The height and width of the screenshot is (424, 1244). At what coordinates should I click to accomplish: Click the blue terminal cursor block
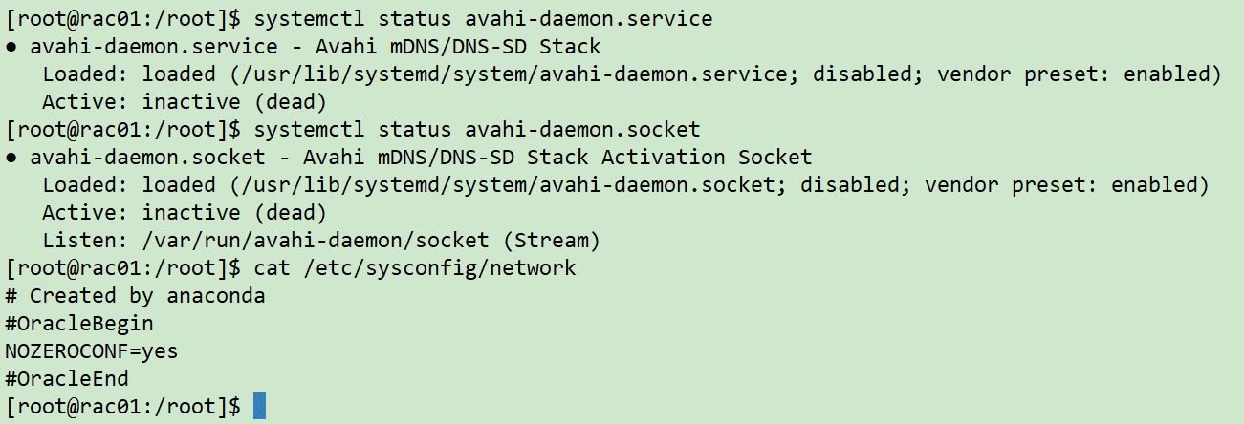click(x=259, y=406)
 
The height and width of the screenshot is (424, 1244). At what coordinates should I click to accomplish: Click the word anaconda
click(x=216, y=296)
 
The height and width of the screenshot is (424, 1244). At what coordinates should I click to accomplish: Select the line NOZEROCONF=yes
click(x=92, y=351)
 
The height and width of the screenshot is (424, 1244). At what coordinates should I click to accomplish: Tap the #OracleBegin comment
click(x=78, y=324)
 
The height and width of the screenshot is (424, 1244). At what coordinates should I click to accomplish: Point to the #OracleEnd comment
click(x=67, y=379)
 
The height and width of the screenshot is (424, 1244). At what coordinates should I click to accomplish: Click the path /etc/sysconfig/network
click(x=440, y=268)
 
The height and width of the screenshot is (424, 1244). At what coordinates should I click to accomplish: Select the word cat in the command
click(x=273, y=268)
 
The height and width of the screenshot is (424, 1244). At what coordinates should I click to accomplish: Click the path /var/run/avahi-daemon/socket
click(x=316, y=241)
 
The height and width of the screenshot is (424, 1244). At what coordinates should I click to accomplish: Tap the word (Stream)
click(x=552, y=241)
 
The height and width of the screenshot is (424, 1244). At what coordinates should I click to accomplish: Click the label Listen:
click(x=85, y=241)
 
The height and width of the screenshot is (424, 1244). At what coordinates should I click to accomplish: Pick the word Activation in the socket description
click(x=663, y=157)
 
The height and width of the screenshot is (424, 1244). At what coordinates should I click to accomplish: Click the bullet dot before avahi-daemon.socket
click(x=11, y=159)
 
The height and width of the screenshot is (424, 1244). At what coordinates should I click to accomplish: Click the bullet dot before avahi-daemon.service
click(x=11, y=47)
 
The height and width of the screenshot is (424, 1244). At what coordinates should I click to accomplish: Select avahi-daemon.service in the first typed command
click(x=589, y=19)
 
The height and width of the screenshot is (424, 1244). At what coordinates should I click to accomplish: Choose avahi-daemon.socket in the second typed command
click(x=582, y=130)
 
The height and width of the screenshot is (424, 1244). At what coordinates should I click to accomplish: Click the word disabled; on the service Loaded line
click(x=867, y=74)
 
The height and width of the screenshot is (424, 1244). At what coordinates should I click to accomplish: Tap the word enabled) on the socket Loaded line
click(x=1160, y=185)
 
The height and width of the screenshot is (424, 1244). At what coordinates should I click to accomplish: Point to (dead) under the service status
click(x=291, y=102)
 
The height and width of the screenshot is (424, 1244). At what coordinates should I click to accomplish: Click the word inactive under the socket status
click(x=191, y=213)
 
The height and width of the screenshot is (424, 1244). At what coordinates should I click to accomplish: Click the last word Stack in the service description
click(x=570, y=46)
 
